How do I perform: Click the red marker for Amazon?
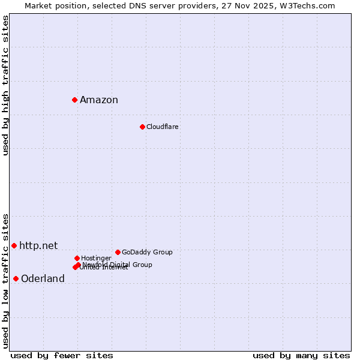pyautogui.click(x=74, y=100)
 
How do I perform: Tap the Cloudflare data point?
pyautogui.click(x=142, y=127)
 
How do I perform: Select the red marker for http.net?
pyautogui.click(x=14, y=245)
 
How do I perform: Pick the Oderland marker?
pyautogui.click(x=16, y=278)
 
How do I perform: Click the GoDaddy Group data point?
pyautogui.click(x=118, y=252)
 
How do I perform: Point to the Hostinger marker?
pyautogui.click(x=77, y=258)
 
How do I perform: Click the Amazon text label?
pyautogui.click(x=99, y=100)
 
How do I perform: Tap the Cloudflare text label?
pyautogui.click(x=163, y=127)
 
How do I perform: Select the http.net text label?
pyautogui.click(x=38, y=245)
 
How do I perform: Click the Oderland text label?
pyautogui.click(x=43, y=279)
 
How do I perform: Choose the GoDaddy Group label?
pyautogui.click(x=147, y=252)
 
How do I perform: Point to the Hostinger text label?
pyautogui.click(x=96, y=258)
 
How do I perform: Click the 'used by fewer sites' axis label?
pyautogui.click(x=62, y=356)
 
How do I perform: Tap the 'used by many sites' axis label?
pyautogui.click(x=301, y=356)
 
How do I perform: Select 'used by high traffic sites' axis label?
pyautogui.click(x=5, y=85)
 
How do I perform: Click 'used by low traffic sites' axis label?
pyautogui.click(x=5, y=280)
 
